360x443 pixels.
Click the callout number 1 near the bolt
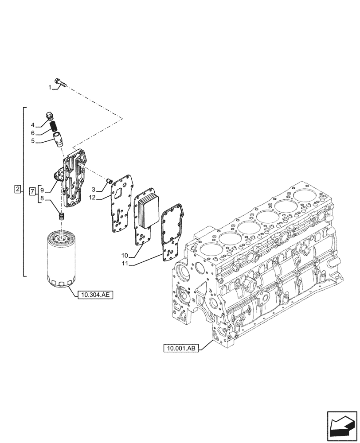coord(50,88)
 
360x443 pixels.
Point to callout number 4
coord(33,125)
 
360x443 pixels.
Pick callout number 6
coord(33,133)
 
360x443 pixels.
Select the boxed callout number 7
coord(32,191)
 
